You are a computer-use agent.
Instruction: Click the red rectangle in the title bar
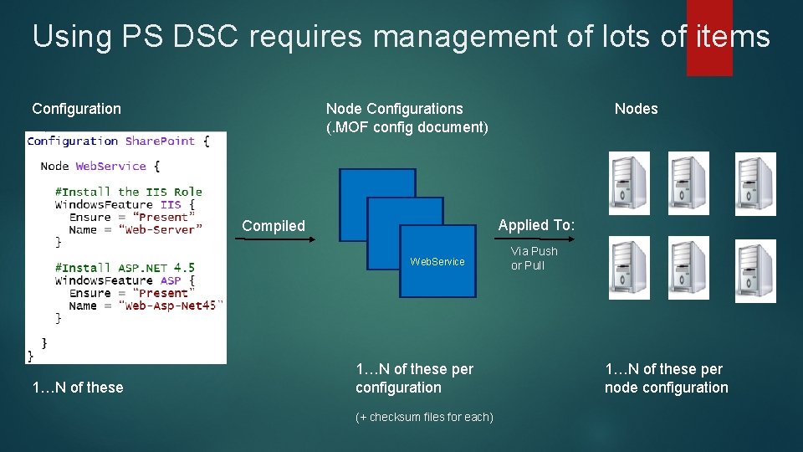pos(709,38)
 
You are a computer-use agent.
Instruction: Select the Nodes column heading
pos(636,109)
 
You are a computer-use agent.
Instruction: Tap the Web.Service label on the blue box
pos(437,262)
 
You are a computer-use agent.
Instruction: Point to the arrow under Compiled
pos(274,239)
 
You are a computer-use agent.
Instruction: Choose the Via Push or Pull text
pos(534,258)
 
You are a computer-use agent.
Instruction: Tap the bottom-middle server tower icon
pos(688,269)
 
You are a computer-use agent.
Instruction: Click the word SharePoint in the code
pos(160,141)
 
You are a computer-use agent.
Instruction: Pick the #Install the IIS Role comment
pos(128,192)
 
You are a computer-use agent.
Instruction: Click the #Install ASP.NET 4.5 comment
pos(124,268)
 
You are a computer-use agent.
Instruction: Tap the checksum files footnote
pos(424,417)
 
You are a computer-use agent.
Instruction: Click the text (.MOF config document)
pos(407,127)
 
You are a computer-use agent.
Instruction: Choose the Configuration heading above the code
pos(76,109)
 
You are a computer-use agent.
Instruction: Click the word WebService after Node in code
pos(110,166)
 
